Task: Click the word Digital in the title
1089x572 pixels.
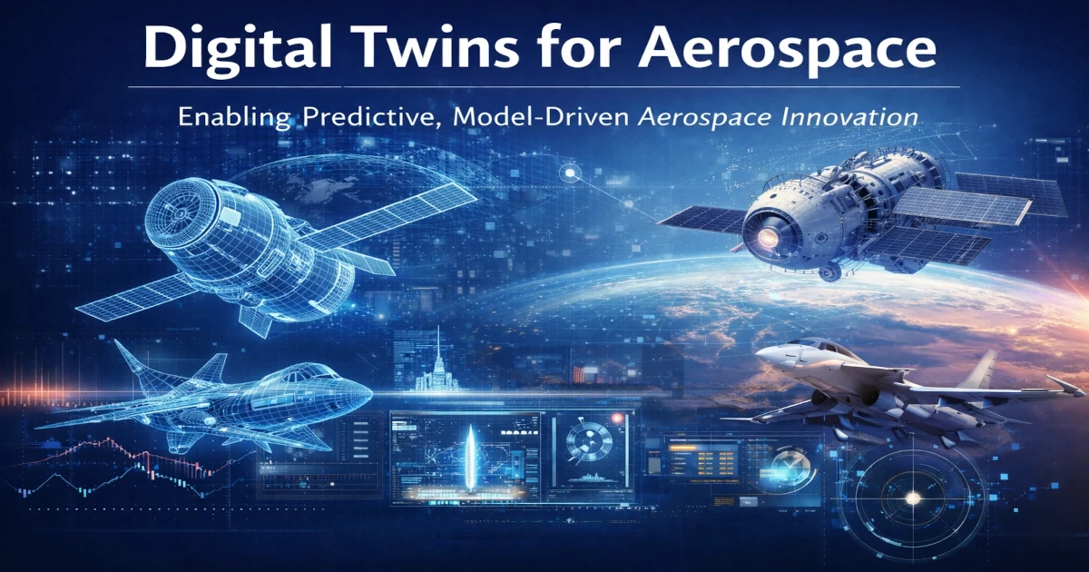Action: [x=237, y=49]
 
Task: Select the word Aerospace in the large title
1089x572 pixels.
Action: [x=787, y=50]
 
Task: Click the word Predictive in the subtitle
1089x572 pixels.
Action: [x=368, y=118]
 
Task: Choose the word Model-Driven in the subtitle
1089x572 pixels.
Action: [x=540, y=118]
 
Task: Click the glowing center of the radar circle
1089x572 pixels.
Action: [x=913, y=498]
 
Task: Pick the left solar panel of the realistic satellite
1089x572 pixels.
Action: [x=704, y=218]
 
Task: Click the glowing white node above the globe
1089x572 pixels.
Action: [x=570, y=173]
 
